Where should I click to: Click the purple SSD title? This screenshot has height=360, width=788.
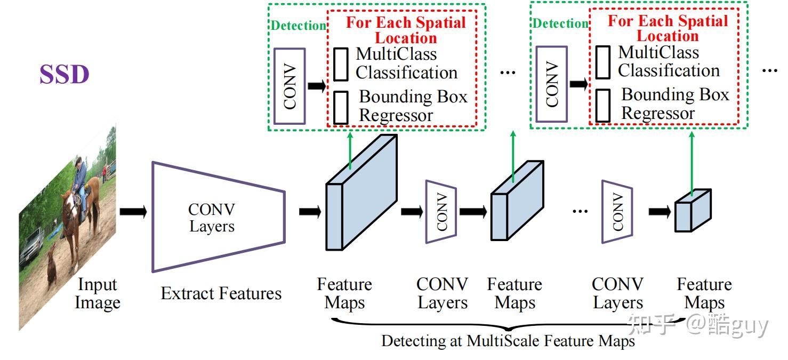pos(64,75)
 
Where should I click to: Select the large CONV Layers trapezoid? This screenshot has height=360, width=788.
pos(219,217)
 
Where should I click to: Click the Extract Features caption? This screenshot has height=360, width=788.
pos(221,293)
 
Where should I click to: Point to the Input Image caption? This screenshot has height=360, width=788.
pos(97,294)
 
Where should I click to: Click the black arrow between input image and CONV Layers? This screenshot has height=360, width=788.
pos(133,212)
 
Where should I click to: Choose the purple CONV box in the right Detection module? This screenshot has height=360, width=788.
pos(551,84)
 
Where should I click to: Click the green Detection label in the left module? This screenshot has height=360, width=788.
pos(298,26)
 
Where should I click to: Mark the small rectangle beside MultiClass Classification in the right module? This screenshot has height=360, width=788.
pos(602,62)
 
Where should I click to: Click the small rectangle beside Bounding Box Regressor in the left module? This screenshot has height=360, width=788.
pos(341,107)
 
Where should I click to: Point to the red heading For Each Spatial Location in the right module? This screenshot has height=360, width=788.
pos(668,29)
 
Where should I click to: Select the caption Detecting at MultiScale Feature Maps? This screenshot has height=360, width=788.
pos(508,341)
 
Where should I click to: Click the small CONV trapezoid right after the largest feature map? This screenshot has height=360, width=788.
pos(441,211)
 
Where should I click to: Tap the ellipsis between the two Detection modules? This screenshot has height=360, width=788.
pos(507,72)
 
